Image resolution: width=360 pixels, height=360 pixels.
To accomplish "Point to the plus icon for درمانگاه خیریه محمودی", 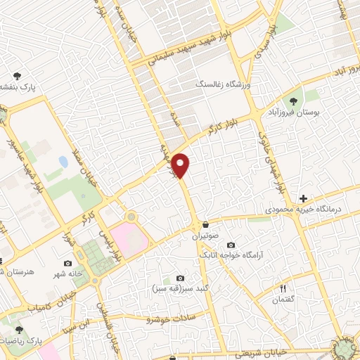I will pos(303,199).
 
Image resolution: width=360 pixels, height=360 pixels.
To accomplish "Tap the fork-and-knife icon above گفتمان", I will pos(283,288).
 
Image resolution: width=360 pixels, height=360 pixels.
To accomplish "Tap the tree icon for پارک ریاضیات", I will pos(19,329).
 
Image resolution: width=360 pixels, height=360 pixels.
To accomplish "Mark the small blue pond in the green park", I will pos(64,162).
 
